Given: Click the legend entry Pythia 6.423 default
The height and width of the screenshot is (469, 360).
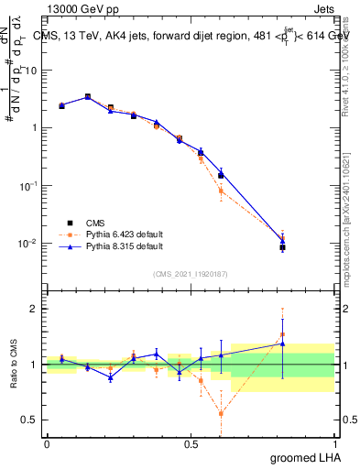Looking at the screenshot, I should pyautogui.click(x=117, y=234).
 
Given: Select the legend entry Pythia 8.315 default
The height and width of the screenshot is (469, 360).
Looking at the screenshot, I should pyautogui.click(x=117, y=246).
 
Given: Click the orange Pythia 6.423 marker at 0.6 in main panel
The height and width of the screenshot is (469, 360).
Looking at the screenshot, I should pyautogui.click(x=221, y=191).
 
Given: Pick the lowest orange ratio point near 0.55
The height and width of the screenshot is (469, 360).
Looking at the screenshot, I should pyautogui.click(x=221, y=413).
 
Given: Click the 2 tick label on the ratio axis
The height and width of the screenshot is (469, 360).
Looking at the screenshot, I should pyautogui.click(x=34, y=309).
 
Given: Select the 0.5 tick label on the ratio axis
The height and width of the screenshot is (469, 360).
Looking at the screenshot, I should pyautogui.click(x=29, y=420).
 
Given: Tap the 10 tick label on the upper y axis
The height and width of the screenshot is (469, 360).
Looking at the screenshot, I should pyautogui.click(x=29, y=70).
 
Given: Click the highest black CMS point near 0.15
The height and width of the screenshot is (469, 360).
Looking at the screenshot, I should pyautogui.click(x=88, y=96).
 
